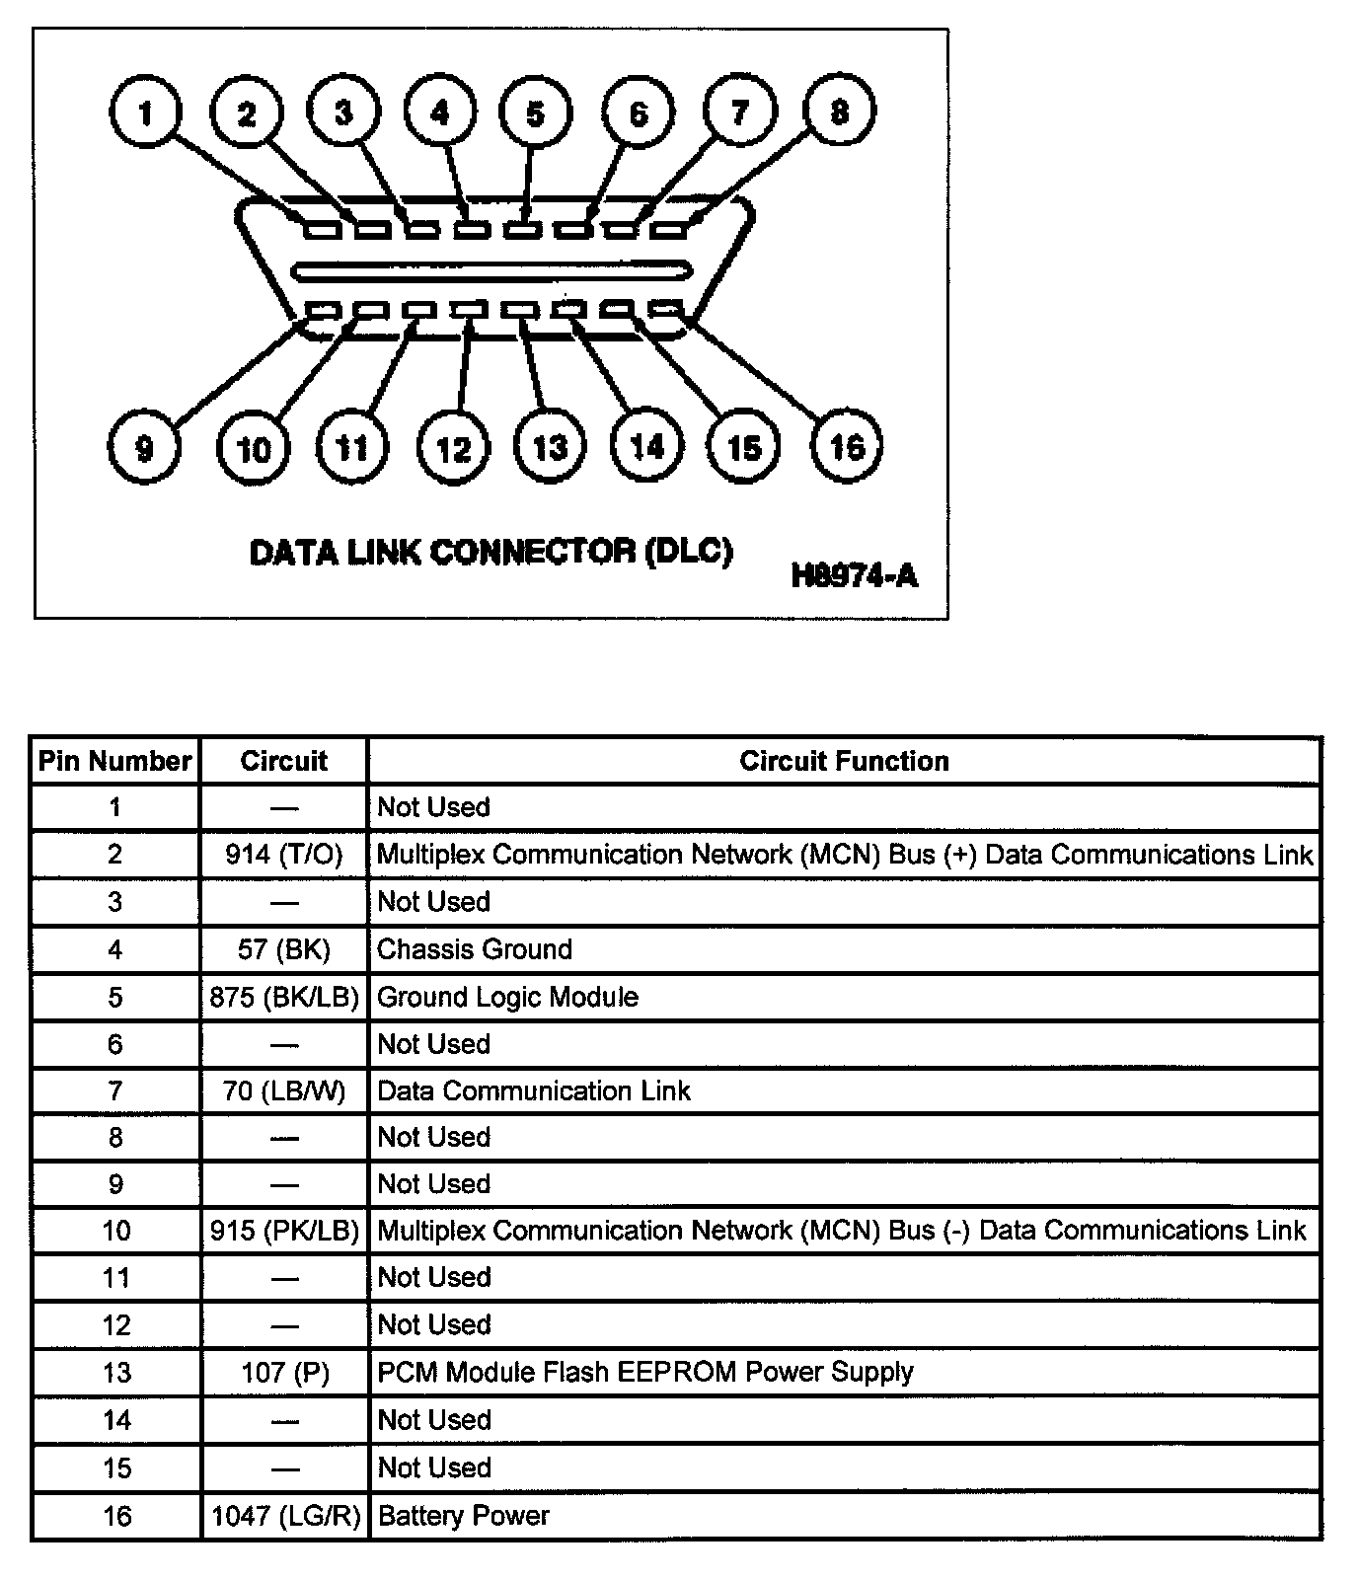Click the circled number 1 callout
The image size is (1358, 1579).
pos(145,113)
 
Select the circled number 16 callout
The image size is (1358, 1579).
pos(846,448)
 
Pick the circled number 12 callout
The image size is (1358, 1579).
pos(453,450)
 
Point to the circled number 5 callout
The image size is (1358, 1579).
pos(535,113)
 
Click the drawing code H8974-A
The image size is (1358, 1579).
pos(854,574)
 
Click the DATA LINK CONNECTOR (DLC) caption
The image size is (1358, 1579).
pos(490,551)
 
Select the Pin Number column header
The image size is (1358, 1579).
pos(114,761)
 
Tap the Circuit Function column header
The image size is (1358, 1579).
pos(844,761)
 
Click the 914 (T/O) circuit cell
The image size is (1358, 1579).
pos(284,855)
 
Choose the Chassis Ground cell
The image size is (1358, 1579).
pos(475,949)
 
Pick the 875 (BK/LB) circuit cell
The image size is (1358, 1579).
pos(284,997)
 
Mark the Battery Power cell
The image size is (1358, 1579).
pos(464,1516)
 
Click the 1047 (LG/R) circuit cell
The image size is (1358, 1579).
pos(284,1516)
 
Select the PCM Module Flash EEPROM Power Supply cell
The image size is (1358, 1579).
pos(645,1372)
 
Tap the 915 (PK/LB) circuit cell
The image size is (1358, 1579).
pos(284,1231)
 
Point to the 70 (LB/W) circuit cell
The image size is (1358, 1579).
pos(284,1090)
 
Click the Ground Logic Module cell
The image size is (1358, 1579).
pos(507,997)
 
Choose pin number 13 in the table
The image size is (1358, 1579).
pos(115,1372)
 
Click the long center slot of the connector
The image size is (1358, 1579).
pos(491,269)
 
